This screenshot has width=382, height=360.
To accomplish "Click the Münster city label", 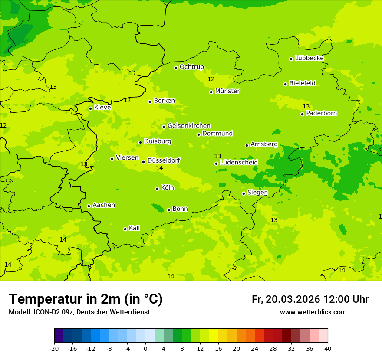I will (x=227, y=91).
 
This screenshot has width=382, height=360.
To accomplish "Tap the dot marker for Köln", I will (x=157, y=189).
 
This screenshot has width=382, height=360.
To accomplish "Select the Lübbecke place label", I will (x=309, y=58).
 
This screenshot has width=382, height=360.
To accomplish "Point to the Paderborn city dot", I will (x=303, y=114).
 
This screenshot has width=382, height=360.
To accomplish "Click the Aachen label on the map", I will (x=104, y=205).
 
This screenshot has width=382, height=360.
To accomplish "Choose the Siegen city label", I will (x=257, y=193).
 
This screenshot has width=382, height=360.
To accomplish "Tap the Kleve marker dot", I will (x=90, y=108).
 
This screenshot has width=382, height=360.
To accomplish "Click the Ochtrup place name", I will (x=192, y=67).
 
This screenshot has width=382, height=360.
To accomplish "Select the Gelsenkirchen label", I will (x=189, y=126).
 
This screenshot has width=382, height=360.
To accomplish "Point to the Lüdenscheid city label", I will (x=239, y=163).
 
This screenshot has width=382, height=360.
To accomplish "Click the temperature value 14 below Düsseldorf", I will (x=159, y=168).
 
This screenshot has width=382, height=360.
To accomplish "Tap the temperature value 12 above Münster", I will (x=211, y=79).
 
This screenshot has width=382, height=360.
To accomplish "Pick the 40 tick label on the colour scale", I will (x=327, y=348).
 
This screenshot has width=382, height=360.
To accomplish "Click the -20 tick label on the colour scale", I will (x=54, y=348).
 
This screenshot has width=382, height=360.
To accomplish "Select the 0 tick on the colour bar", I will (x=145, y=348).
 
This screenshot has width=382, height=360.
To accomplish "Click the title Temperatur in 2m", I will (x=86, y=299).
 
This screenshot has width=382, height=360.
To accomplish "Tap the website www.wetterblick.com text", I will (x=313, y=312).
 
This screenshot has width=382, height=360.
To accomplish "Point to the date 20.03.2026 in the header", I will (x=293, y=299).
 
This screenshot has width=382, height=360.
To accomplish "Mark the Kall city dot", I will (x=125, y=229).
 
